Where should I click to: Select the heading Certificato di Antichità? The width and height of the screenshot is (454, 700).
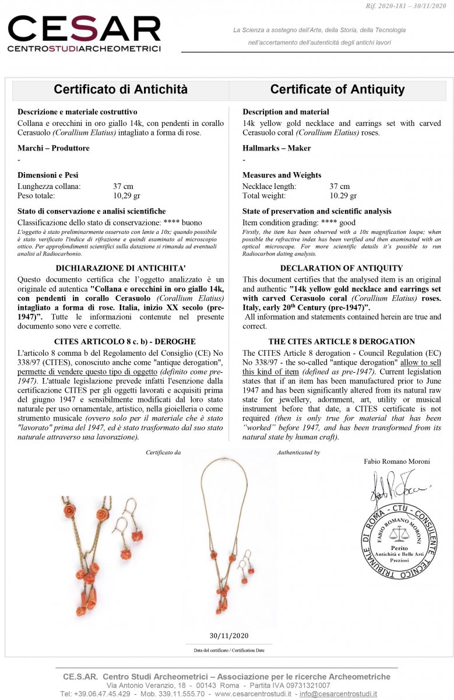pos(121,89)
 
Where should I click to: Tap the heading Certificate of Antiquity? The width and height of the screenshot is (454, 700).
pos(337,89)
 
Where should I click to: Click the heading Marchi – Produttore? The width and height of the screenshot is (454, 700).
pos(54,148)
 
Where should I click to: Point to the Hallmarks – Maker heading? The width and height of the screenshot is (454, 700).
pos(277,148)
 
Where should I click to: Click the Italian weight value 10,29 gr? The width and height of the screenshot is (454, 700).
pos(126,196)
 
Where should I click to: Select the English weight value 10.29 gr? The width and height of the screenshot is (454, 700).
pos(343,196)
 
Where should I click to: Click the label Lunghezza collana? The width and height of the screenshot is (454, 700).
pos(49,187)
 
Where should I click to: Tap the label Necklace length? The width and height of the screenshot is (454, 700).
pos(269,187)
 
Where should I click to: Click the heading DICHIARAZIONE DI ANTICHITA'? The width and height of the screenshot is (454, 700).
pos(121,268)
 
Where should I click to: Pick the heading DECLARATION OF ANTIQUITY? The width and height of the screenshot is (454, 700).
pos(342,268)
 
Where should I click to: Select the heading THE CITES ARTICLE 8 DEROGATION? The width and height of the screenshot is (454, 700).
pos(342,341)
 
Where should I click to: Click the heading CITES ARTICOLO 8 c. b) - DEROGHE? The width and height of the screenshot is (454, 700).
pos(121,341)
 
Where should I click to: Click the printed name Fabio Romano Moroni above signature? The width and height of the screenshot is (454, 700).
pos(397,461)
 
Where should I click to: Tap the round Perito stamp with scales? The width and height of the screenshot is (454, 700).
pos(399,540)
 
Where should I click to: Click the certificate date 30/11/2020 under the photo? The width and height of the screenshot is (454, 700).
pos(229,636)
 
